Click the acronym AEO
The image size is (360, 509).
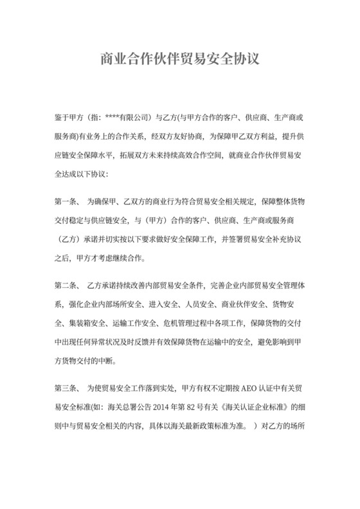click(x=228, y=389)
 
